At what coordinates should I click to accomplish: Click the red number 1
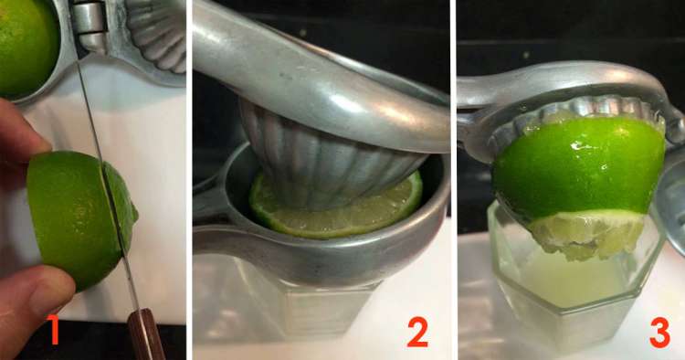(x=54, y=330)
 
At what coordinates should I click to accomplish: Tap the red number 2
(x=417, y=332)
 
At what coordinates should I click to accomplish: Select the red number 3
(x=659, y=333)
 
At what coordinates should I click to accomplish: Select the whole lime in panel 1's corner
(x=27, y=47)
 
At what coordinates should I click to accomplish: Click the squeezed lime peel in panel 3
(x=580, y=168)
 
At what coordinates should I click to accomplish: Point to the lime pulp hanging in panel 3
(x=585, y=237)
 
